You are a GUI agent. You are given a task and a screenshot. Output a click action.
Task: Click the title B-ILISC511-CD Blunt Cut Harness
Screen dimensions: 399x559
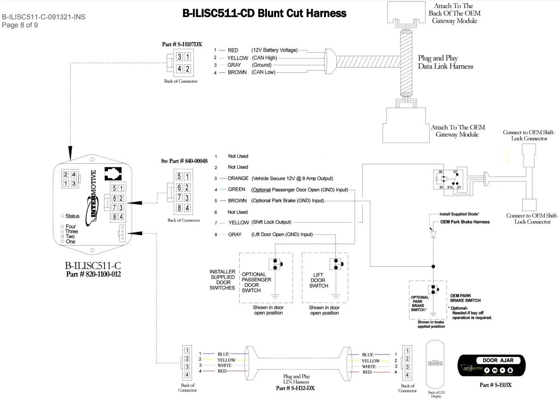coord(264,13)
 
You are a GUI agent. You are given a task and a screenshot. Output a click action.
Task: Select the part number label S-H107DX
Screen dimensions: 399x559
coord(182,44)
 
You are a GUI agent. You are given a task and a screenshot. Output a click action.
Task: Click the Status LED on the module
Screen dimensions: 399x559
coord(63,216)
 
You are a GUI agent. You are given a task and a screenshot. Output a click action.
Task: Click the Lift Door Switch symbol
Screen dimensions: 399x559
coord(336,264)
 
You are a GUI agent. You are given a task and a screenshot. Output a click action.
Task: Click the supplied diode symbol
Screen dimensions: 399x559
coord(432,233)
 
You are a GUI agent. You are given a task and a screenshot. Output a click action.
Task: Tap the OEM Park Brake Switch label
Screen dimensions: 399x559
coord(465,297)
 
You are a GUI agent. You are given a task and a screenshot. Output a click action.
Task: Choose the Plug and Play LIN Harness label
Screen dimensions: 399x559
coord(295,379)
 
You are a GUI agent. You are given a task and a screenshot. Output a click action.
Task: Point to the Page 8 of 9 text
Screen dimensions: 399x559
coord(20,25)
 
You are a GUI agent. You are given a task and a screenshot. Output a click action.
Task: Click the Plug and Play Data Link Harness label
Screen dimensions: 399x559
coord(445,62)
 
